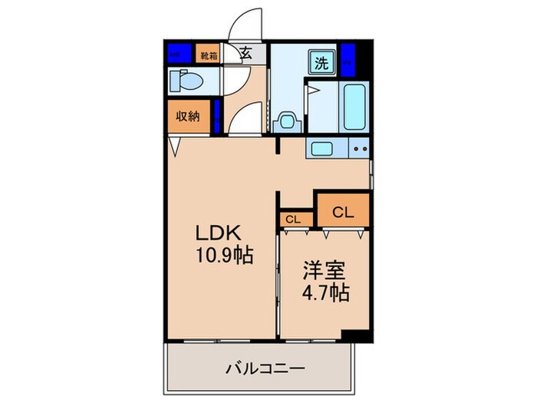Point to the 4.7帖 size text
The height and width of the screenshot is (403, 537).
(x=323, y=292)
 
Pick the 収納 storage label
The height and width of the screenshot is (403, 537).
(x=188, y=117)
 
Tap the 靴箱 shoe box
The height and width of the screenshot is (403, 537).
(x=208, y=55)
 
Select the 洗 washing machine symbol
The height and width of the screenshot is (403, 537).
(x=321, y=64)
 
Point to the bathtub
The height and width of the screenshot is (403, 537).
(x=354, y=107)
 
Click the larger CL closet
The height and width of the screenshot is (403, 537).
(x=343, y=211)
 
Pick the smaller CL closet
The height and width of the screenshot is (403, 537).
(x=292, y=220)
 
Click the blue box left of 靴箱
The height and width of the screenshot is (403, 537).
(x=179, y=55)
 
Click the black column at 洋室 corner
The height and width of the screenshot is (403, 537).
(x=355, y=336)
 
